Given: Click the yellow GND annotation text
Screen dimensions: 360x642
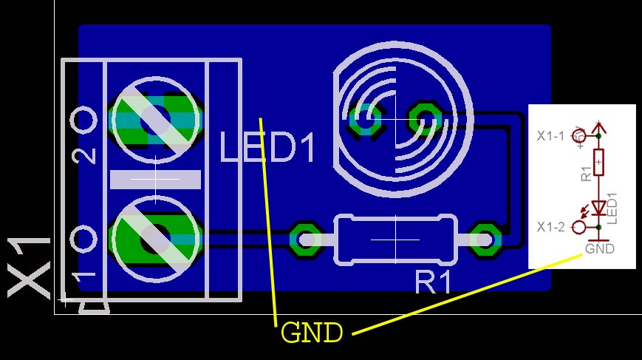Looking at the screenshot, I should [312, 333].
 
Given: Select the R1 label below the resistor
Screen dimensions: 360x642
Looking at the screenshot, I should [433, 282].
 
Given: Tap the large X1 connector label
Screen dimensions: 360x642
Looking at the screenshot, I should [30, 268].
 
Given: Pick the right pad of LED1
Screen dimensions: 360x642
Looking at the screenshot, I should [425, 115].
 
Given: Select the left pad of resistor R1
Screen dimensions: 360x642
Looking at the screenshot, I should [304, 239].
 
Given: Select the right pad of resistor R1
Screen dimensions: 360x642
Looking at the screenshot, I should [485, 239].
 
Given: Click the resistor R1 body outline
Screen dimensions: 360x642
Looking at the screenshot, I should [395, 239].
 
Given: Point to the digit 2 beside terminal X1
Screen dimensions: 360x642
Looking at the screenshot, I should [85, 155].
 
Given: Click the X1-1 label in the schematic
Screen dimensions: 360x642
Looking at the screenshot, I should [550, 136].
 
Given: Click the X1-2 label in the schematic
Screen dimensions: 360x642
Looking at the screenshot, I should [550, 227].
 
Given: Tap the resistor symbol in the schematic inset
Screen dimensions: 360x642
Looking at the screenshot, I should [598, 161].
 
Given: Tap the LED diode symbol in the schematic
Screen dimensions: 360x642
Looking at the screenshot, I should [598, 208].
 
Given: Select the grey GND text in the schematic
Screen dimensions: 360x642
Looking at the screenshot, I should [599, 249].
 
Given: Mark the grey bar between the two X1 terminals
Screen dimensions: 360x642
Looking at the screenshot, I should [156, 179].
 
